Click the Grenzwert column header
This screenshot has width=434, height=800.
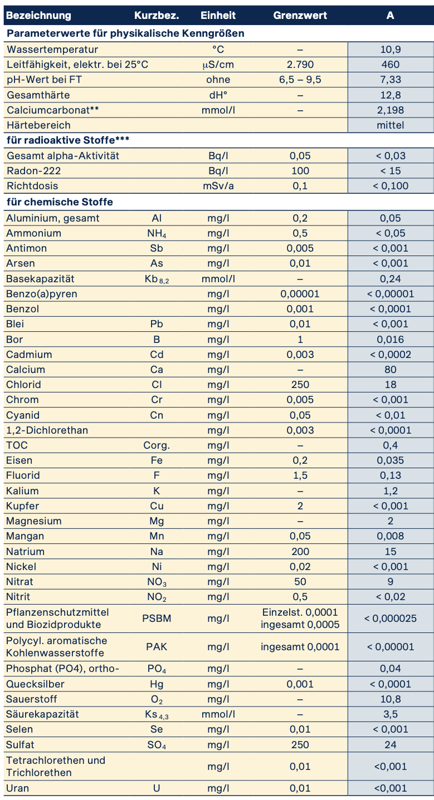coord(300,15)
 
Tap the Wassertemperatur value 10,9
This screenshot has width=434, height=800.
coord(390,50)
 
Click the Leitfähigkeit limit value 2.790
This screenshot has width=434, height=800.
coord(300,65)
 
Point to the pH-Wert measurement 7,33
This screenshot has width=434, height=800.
coord(390,80)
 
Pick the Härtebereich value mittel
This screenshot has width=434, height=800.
coord(390,125)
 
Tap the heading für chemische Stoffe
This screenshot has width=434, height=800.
coord(60,202)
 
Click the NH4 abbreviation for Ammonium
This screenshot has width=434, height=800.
coord(157,233)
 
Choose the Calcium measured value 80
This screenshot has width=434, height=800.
coord(390,370)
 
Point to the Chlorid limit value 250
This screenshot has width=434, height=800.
coord(300,385)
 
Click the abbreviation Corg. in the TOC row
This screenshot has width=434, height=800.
coord(157,445)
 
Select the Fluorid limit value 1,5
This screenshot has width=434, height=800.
coord(300,475)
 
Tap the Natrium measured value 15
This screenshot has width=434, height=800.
coord(390,552)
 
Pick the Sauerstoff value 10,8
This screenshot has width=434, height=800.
coord(390,699)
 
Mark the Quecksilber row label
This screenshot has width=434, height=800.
coord(35,684)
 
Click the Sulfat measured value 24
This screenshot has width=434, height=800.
coord(390,744)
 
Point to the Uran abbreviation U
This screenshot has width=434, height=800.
coord(157,788)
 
